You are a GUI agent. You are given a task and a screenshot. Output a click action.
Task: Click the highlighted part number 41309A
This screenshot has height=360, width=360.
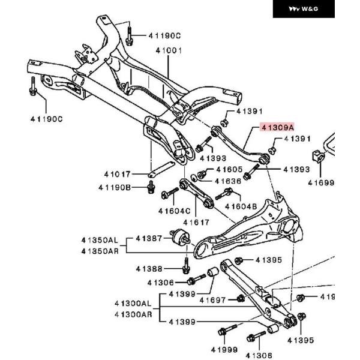click(278, 128)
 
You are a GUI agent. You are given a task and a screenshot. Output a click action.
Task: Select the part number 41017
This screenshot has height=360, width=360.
click(116, 175)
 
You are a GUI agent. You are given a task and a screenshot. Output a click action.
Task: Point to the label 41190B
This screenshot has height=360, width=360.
click(115, 188)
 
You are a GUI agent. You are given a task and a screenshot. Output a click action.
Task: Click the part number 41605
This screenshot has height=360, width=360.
click(229, 170)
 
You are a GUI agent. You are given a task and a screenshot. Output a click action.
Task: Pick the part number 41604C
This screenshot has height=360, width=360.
click(174, 211)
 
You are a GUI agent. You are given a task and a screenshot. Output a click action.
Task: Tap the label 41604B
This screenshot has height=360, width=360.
click(241, 207)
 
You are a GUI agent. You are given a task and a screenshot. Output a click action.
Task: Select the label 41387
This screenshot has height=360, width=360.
click(149, 239)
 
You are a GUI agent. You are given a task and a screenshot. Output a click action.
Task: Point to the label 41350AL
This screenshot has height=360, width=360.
click(100, 240)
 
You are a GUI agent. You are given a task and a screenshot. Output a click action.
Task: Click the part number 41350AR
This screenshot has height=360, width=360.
click(100, 251)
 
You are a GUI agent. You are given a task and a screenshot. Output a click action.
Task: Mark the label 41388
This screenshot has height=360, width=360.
click(149, 268)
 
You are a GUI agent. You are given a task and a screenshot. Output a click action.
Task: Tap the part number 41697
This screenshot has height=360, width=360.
click(212, 299)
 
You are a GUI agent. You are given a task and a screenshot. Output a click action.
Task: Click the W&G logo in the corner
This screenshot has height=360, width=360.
click(304, 9)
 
